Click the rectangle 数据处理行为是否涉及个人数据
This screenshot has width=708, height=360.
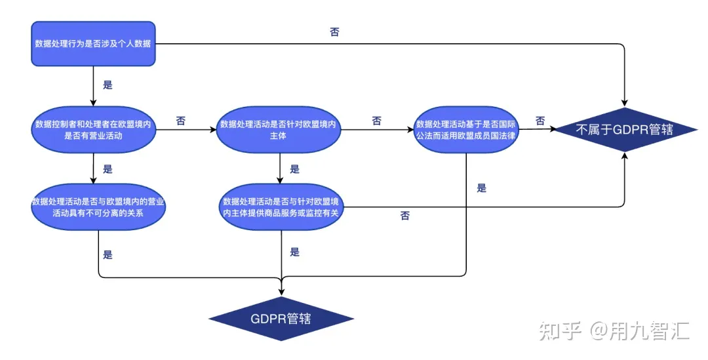point(93,45)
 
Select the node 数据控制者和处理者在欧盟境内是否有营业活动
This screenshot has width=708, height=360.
point(93,130)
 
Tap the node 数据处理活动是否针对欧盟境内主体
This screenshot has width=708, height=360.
point(281,130)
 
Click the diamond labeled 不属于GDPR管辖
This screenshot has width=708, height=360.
point(625,129)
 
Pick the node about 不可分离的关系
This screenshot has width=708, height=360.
point(98,207)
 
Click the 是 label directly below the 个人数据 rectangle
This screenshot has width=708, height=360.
point(108,85)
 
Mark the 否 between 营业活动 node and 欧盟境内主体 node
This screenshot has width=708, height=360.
point(180,121)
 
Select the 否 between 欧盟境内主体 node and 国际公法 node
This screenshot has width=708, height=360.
point(376,121)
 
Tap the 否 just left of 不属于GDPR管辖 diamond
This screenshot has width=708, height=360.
point(540,121)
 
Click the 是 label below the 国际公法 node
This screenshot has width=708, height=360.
point(481,188)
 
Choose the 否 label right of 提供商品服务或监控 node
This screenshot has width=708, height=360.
point(404,216)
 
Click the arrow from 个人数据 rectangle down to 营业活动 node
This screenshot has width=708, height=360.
point(93,86)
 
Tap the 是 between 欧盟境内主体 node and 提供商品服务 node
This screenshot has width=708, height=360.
point(294,169)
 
